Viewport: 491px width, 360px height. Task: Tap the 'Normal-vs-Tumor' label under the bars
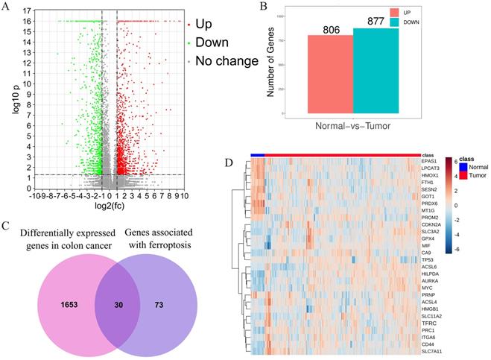(352, 127)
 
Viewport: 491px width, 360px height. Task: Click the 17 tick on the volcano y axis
(26, 11)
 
